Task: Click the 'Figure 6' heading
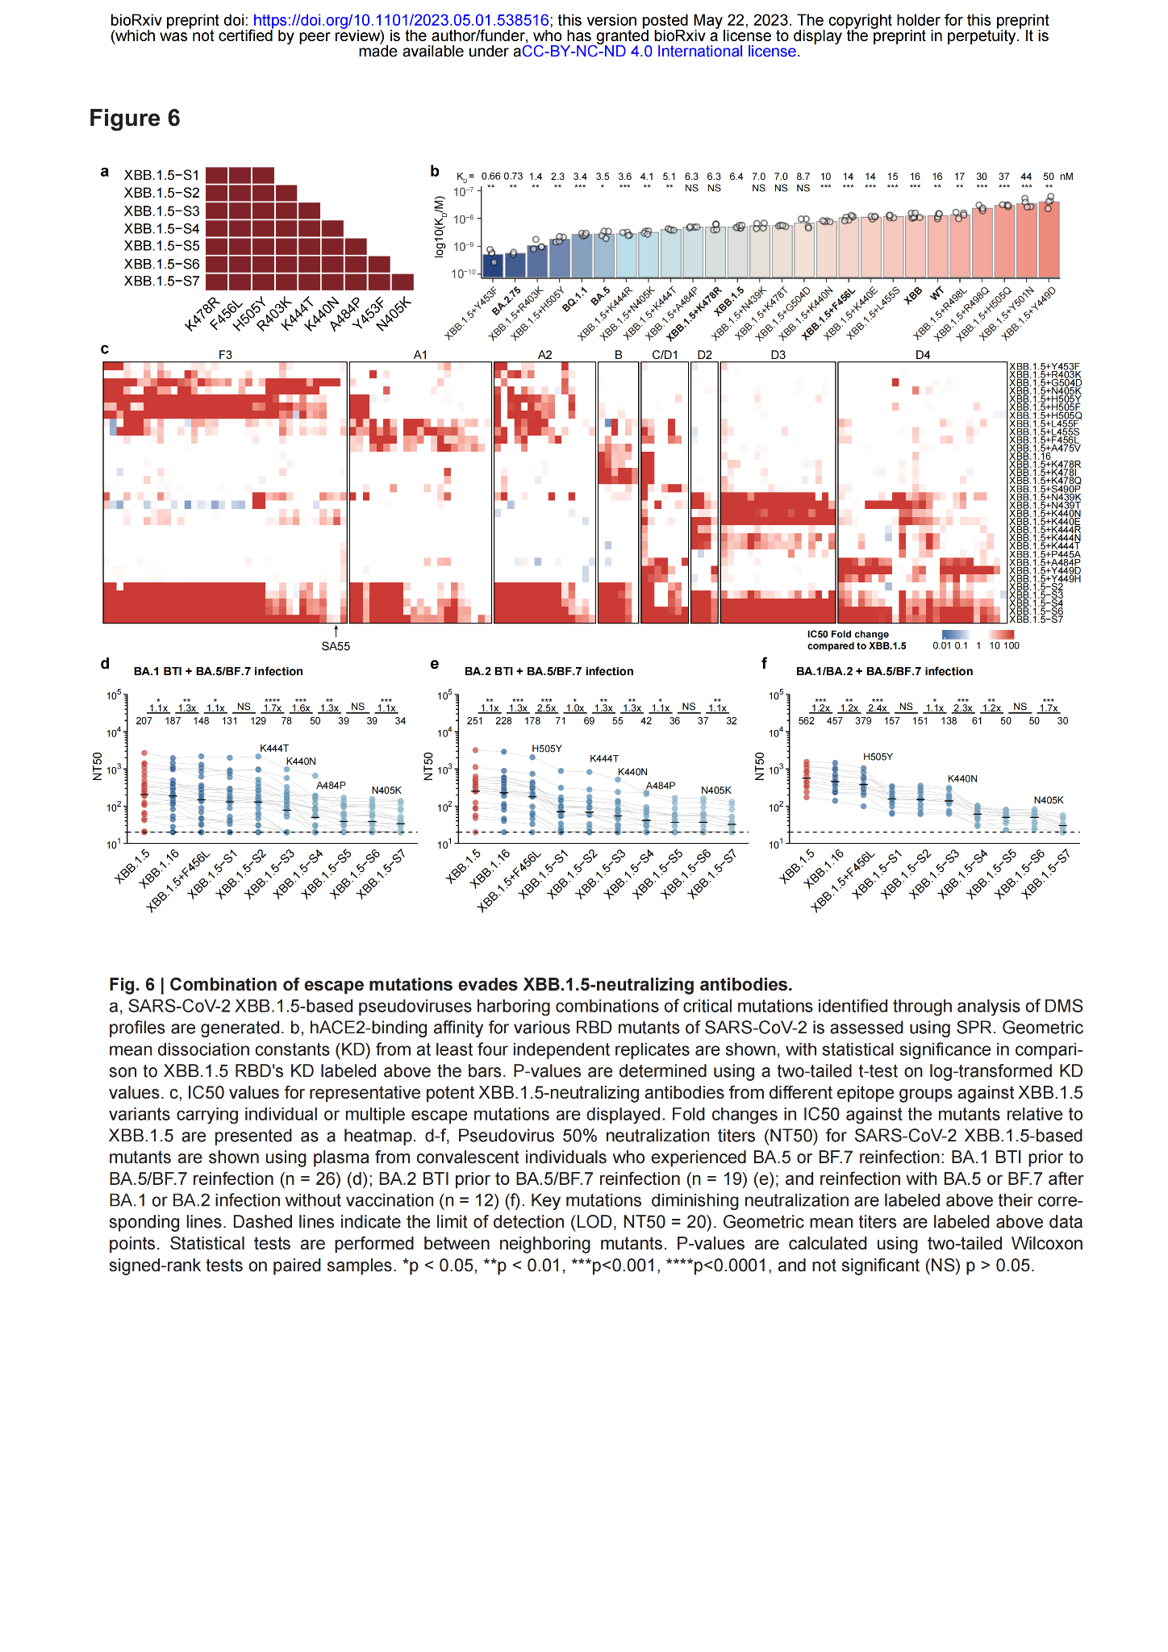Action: [x=134, y=119]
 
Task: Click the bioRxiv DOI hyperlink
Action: [x=401, y=21]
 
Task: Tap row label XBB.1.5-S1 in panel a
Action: [x=161, y=175]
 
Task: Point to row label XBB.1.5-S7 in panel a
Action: [x=161, y=282]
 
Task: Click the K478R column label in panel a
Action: [x=202, y=315]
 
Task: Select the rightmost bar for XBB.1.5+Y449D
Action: [x=1049, y=239]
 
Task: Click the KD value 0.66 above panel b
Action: [x=490, y=177]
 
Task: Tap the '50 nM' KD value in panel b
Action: [x=1055, y=177]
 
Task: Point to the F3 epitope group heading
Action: [x=225, y=355]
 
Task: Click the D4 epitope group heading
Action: [x=923, y=355]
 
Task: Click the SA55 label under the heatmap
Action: [x=336, y=646]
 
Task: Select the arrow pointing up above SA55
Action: [x=336, y=631]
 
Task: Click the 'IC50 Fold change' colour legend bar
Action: [x=978, y=635]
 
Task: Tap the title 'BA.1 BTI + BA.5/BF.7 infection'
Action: [x=218, y=671]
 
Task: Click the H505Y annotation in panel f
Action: [x=878, y=757]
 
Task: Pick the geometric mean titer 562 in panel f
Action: [x=806, y=721]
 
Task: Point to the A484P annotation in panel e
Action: [x=661, y=786]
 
